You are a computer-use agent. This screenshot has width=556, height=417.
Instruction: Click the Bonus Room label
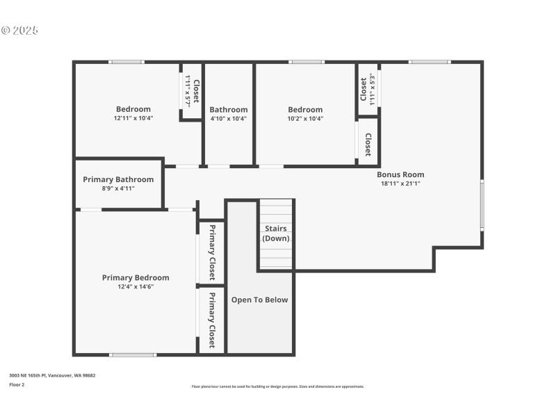click(x=400, y=174)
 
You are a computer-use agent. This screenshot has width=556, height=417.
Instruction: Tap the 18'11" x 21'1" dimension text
click(x=400, y=183)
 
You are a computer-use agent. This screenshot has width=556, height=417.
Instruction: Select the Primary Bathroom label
click(x=118, y=179)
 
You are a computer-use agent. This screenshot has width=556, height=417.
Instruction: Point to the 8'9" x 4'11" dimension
click(x=118, y=188)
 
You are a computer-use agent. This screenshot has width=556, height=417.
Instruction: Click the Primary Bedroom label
click(x=136, y=277)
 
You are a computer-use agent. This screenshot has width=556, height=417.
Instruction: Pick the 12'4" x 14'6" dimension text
click(x=136, y=286)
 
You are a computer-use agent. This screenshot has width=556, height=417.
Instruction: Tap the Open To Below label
click(x=259, y=300)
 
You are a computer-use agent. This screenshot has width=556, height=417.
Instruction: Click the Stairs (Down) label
click(x=276, y=234)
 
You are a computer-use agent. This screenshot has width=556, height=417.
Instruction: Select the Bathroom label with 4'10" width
click(x=229, y=109)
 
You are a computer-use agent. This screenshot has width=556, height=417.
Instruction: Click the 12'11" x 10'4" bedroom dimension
click(x=133, y=118)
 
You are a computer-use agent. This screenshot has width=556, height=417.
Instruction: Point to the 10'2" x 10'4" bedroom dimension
click(x=305, y=118)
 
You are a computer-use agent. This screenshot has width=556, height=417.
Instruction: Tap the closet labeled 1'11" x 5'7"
click(x=192, y=91)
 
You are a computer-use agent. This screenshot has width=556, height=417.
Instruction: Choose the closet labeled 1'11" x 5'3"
click(x=368, y=88)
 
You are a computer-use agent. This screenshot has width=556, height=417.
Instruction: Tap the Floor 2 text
click(x=17, y=384)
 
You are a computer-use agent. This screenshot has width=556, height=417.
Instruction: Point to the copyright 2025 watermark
click(x=19, y=31)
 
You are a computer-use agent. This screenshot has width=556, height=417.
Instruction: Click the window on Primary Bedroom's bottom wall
click(x=133, y=355)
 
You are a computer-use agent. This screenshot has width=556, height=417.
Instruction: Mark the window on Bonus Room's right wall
click(x=482, y=205)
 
